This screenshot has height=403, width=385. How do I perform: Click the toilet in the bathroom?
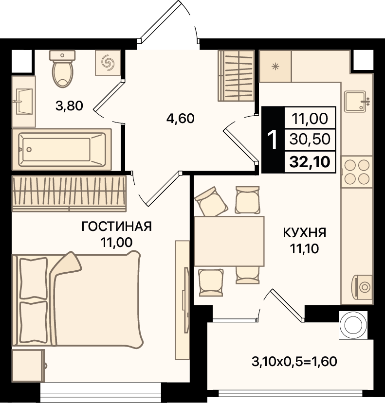tap(62, 69)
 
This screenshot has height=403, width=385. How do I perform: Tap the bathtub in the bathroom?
tap(62, 149)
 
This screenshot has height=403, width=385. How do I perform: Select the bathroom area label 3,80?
tap(69, 106)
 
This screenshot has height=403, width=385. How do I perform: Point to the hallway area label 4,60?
tap(181, 119)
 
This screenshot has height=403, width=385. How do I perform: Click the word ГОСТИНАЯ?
tap(117, 227)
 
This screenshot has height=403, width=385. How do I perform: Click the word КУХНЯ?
tap(305, 233)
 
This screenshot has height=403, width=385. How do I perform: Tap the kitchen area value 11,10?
tap(305, 248)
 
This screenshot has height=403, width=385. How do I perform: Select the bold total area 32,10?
tap(310, 162)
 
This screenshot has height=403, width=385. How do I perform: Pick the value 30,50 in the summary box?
tap(310, 140)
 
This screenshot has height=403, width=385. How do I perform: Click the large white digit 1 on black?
tap(273, 140)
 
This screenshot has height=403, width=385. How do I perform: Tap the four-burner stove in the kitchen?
tap(357, 172)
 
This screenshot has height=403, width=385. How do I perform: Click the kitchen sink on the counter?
tap(356, 101)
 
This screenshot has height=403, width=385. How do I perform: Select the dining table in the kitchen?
tap(229, 241)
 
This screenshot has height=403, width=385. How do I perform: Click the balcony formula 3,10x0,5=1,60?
tap(294, 362)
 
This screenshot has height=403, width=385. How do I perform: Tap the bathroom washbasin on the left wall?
tap(24, 101)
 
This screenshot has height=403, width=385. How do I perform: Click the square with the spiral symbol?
tap(108, 63)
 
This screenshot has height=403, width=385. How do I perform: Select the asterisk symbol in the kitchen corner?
tap(275, 67)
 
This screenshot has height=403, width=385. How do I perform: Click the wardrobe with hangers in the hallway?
tap(236, 75)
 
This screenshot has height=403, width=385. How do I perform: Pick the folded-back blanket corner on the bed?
tap(66, 265)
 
